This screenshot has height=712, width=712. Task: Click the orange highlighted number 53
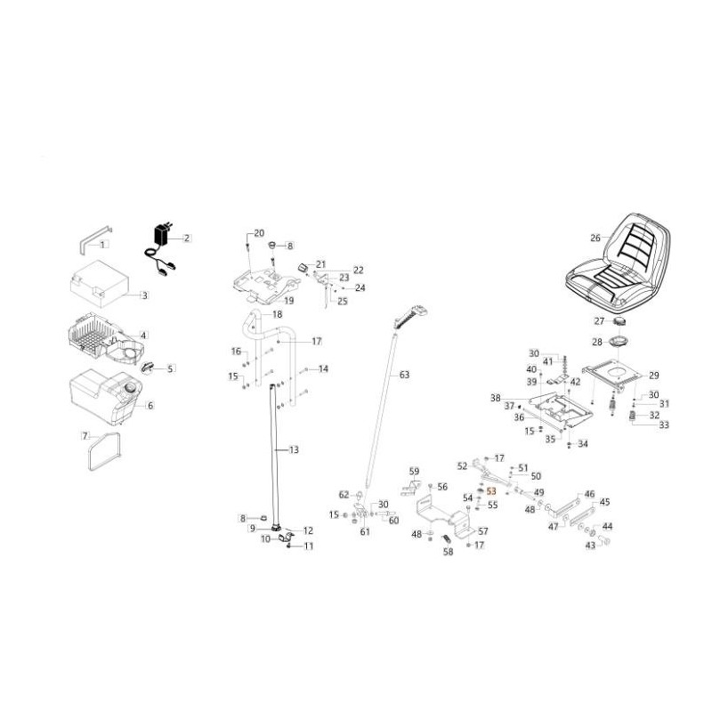click(x=490, y=504)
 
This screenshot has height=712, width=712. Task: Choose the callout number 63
click(x=404, y=375)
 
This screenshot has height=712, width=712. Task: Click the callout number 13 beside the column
click(x=294, y=450)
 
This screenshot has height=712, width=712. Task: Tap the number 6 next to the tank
click(x=150, y=405)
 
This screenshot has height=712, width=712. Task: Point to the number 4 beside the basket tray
click(x=143, y=335)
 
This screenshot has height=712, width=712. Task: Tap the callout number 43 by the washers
click(x=590, y=546)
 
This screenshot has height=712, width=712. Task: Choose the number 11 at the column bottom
click(x=309, y=546)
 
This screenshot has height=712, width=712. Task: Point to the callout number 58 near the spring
click(x=448, y=552)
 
